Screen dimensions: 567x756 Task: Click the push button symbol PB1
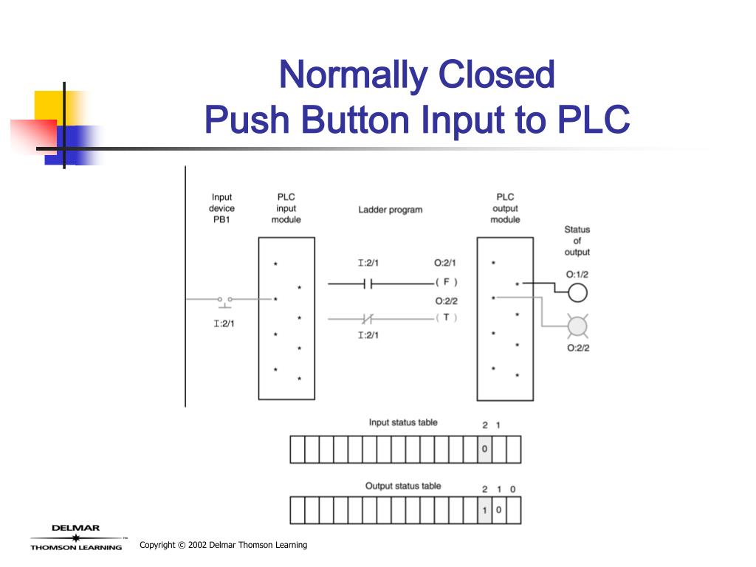224,299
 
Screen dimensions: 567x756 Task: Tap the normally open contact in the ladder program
367,283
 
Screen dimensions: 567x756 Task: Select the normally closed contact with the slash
367,319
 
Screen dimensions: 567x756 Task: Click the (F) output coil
446,282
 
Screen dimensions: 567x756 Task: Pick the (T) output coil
446,317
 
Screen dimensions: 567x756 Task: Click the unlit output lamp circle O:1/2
577,293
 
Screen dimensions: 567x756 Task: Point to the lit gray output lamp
577,326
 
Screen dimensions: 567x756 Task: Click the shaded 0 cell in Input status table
484,449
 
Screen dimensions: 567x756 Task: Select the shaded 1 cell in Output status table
484,510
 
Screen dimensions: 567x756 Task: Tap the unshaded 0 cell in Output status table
499,510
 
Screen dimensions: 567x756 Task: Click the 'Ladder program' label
391,210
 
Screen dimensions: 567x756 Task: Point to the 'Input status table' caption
403,422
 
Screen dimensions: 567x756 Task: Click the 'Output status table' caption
403,486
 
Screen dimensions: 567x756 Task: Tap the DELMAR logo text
75,528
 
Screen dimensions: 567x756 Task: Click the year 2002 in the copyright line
196,545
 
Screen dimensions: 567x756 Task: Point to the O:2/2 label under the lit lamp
578,348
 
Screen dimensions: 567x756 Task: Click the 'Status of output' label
577,241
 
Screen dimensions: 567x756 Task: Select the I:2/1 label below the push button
224,323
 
